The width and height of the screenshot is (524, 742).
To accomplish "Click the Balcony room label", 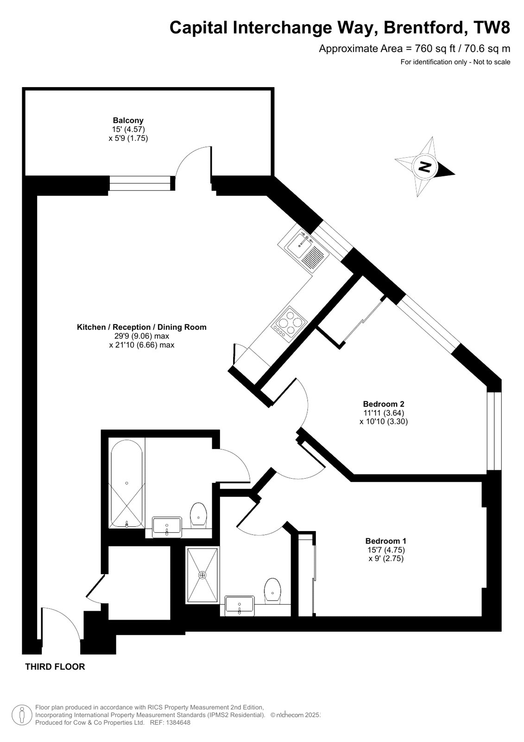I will tap(128, 120).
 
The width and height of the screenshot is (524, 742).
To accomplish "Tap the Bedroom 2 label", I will tap(386, 403).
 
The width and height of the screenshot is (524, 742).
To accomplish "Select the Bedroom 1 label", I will tap(385, 541).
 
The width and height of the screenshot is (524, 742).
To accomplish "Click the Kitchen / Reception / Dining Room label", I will tap(141, 327).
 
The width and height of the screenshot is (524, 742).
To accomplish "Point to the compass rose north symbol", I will tap(424, 166).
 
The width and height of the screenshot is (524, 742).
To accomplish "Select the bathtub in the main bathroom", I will tap(126, 483).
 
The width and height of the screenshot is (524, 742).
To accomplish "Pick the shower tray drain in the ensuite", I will tap(202, 575).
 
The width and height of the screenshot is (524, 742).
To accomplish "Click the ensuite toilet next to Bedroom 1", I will tap(272, 590).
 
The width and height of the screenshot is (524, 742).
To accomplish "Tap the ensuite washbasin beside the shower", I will tap(239, 606).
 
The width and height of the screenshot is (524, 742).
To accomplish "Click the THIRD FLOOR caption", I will tap(55, 667).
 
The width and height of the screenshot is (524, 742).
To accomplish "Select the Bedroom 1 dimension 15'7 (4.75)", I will tap(385, 550).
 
